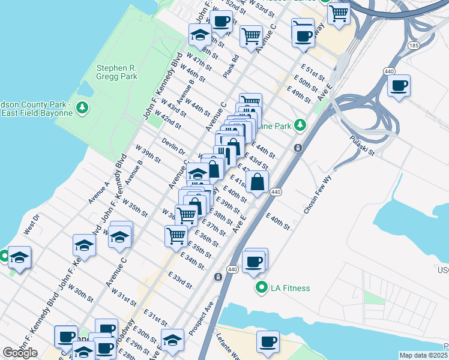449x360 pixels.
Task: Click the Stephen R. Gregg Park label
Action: [x=117, y=72]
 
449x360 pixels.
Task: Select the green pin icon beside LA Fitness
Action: [x=261, y=288]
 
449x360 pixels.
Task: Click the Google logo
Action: [x=20, y=353]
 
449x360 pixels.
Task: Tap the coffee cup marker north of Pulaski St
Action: [x=398, y=85]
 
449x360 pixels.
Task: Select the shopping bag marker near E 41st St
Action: [x=257, y=182]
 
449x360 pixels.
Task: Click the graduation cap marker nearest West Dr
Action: [x=19, y=257]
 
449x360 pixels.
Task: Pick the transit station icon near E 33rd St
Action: [x=217, y=277]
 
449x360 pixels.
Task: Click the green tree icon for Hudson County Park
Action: [x=81, y=109]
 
